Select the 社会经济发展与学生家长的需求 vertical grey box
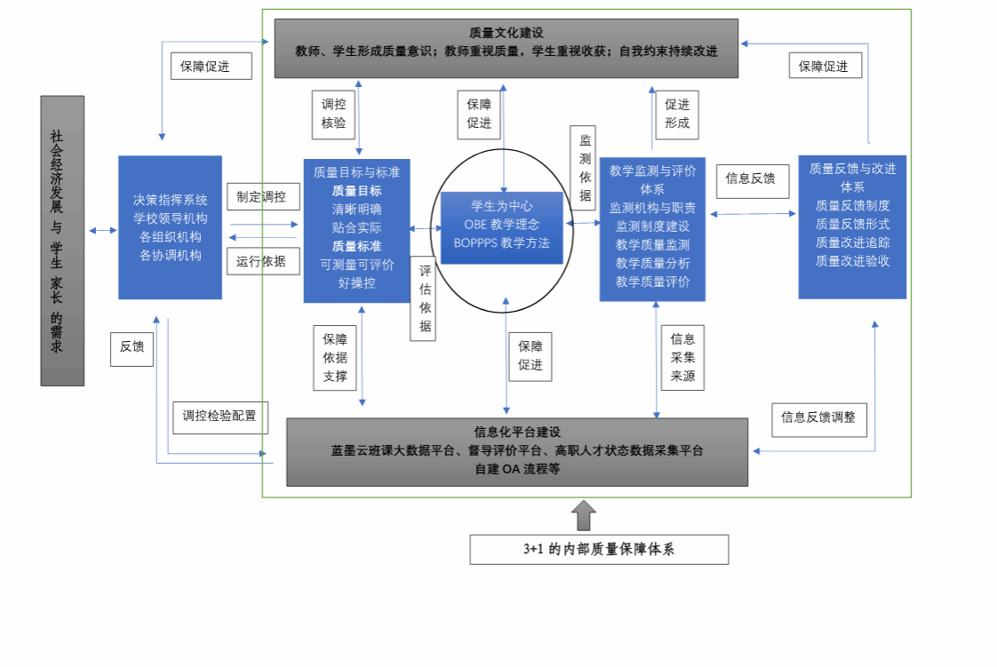click(62, 241)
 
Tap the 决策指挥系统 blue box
click(170, 227)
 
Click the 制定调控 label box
click(261, 197)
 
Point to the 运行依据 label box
click(261, 262)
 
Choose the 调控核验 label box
click(334, 114)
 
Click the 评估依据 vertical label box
click(426, 298)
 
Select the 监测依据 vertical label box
click(584, 167)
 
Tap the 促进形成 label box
click(676, 114)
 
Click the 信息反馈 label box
click(750, 179)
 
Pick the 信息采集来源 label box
click(682, 357)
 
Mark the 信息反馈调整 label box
click(818, 417)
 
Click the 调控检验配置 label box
click(219, 416)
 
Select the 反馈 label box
click(132, 347)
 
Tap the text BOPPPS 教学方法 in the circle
click(501, 243)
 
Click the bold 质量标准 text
click(356, 246)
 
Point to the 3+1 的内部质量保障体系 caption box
click(599, 549)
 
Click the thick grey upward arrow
click(583, 515)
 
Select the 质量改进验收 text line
click(852, 261)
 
